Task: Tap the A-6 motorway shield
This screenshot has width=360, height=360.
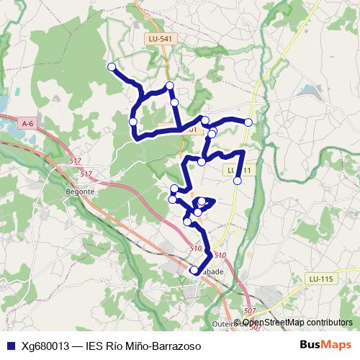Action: click(28, 124)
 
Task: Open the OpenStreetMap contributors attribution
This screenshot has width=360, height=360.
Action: click(294, 323)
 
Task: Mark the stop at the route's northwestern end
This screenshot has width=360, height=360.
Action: click(112, 67)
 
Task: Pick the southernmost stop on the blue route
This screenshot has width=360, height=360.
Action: click(194, 270)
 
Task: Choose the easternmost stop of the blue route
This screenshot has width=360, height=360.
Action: click(249, 122)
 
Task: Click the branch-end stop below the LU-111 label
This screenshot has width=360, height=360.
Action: click(238, 181)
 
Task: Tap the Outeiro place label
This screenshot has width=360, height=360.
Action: click(228, 324)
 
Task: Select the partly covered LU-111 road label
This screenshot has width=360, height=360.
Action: click(245, 171)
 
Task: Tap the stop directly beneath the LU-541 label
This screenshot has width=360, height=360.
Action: click(170, 86)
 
